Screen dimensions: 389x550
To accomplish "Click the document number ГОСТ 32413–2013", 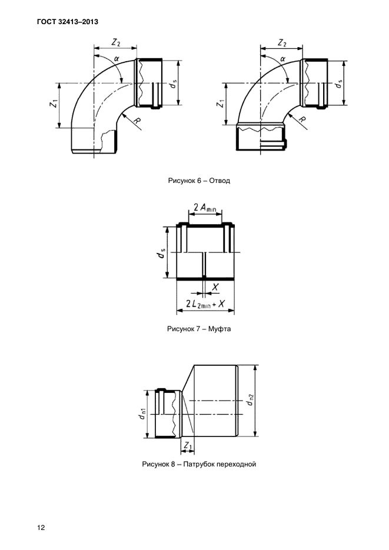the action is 67,22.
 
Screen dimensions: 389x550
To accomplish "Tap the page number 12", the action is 41,528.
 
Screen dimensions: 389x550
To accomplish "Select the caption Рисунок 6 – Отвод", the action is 199,181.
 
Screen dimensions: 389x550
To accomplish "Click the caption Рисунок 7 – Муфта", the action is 199,329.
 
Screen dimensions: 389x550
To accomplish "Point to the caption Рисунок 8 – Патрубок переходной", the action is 199,464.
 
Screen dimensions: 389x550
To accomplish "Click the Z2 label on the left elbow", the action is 116,42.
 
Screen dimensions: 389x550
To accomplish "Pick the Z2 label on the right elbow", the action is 282,42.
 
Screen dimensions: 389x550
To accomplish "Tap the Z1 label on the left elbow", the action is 54,104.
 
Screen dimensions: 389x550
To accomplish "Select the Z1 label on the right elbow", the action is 220,104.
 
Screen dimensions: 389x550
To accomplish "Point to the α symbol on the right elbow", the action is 282,59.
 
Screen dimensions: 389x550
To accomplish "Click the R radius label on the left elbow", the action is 138,121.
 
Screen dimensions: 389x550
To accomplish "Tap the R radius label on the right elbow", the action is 302,121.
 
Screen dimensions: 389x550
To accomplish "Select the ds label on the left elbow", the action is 173,84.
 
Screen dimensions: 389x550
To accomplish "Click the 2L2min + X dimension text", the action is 205,304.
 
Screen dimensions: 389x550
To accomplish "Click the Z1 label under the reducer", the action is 188,446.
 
